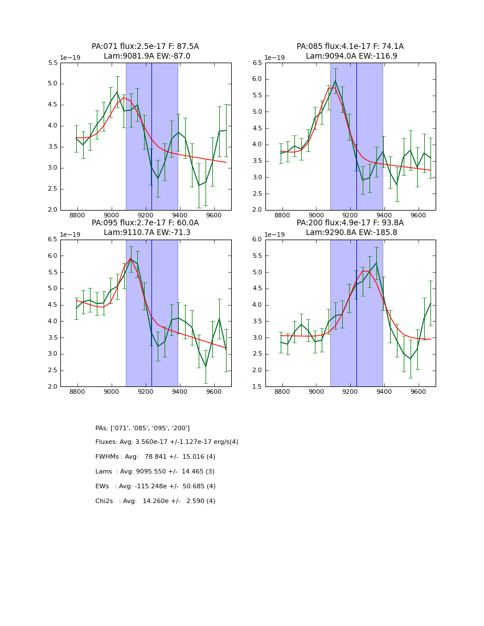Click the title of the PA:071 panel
click(x=145, y=51)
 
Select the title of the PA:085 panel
click(x=350, y=51)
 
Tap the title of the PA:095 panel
click(x=145, y=228)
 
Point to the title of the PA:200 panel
click(x=350, y=228)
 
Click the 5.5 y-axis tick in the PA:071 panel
click(x=52, y=63)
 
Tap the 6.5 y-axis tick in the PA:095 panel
click(x=52, y=240)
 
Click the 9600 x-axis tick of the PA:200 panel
click(x=419, y=393)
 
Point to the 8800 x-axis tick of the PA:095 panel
click(x=77, y=393)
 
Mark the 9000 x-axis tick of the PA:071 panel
click(x=112, y=216)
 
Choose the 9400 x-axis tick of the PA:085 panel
click(x=384, y=216)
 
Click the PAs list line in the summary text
click(x=142, y=428)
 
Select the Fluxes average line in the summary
click(x=167, y=442)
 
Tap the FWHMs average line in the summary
click(x=155, y=457)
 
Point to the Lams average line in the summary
click(x=155, y=472)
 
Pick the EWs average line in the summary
click(x=155, y=487)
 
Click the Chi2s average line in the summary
click(x=155, y=501)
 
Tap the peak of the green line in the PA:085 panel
click(x=335, y=81)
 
